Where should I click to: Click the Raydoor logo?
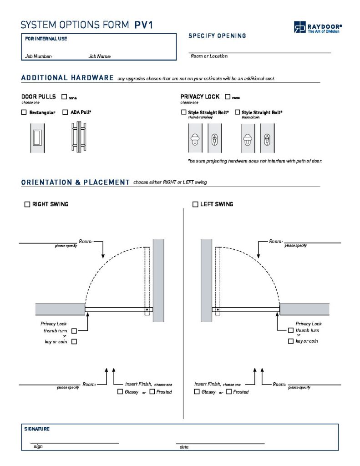click(317, 27)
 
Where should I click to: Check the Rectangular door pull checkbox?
click(24, 112)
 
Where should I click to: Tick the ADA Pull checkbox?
click(65, 112)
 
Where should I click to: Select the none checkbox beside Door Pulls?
click(64, 97)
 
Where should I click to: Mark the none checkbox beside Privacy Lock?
click(227, 97)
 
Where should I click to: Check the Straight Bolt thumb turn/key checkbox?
click(184, 112)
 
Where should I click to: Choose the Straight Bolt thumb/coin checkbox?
click(237, 112)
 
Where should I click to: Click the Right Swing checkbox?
click(27, 204)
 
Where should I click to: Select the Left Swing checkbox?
click(196, 204)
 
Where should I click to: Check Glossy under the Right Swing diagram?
click(120, 392)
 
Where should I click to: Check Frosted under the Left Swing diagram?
click(229, 392)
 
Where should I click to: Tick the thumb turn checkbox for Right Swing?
click(74, 331)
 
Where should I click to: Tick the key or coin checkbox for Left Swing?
click(291, 341)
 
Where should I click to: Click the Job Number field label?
click(38, 57)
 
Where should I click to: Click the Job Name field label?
click(100, 57)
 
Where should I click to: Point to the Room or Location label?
click(209, 56)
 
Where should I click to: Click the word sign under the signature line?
click(38, 446)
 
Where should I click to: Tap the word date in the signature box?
click(184, 447)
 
